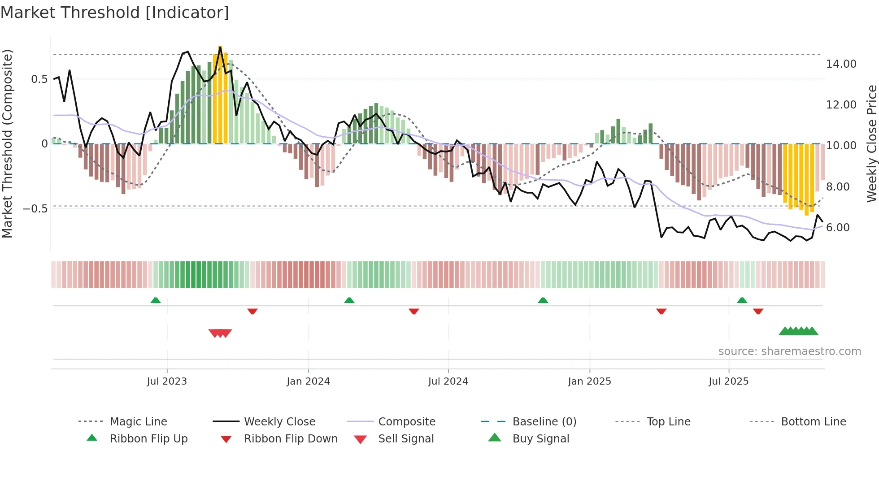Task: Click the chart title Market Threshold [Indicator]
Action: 115,13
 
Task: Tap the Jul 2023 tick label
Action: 167,381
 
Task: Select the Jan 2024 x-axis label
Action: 308,381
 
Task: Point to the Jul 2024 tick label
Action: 448,381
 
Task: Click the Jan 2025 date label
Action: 589,381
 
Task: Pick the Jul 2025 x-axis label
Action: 729,381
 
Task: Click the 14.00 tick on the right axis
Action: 841,64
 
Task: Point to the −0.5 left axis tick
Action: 35,209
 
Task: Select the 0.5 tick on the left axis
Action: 39,79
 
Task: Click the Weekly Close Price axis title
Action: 871,143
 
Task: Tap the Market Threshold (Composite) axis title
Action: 7,143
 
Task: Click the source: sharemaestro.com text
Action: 789,351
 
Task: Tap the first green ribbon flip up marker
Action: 156,300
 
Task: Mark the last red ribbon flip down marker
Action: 758,312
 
